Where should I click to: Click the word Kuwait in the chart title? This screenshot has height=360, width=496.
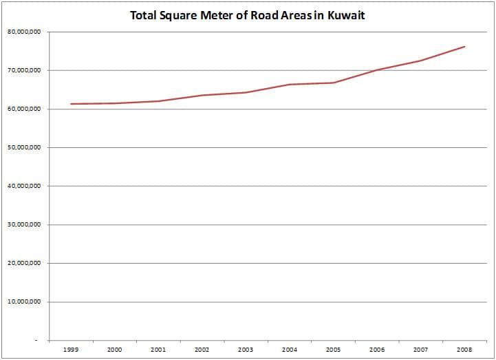pyautogui.click(x=346, y=15)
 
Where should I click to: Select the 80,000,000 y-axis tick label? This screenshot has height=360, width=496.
pyautogui.click(x=24, y=32)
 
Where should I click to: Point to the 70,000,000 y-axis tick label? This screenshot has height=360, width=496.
pyautogui.click(x=24, y=70)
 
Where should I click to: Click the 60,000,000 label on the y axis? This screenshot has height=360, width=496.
pyautogui.click(x=24, y=109)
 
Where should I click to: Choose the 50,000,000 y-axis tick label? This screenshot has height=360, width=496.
pyautogui.click(x=24, y=147)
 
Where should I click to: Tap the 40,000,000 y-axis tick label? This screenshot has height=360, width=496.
pyautogui.click(x=24, y=186)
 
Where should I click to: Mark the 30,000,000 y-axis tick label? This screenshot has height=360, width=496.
pyautogui.click(x=24, y=225)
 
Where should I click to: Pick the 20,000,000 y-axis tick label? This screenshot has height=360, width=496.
pyautogui.click(x=24, y=263)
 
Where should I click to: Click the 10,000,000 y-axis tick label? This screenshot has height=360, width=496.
pyautogui.click(x=24, y=301)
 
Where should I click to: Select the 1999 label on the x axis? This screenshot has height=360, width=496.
pyautogui.click(x=71, y=350)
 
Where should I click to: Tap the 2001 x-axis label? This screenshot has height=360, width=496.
pyautogui.click(x=158, y=350)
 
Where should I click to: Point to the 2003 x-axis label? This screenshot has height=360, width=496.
pyautogui.click(x=246, y=350)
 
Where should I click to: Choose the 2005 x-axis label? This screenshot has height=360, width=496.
pyautogui.click(x=334, y=350)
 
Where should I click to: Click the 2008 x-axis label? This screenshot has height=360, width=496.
pyautogui.click(x=464, y=350)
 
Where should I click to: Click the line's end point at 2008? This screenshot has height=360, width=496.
pyautogui.click(x=464, y=47)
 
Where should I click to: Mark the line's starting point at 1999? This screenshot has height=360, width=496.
pyautogui.click(x=71, y=104)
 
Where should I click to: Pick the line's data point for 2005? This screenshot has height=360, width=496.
pyautogui.click(x=334, y=83)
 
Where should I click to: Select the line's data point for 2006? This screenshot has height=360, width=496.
pyautogui.click(x=377, y=70)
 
